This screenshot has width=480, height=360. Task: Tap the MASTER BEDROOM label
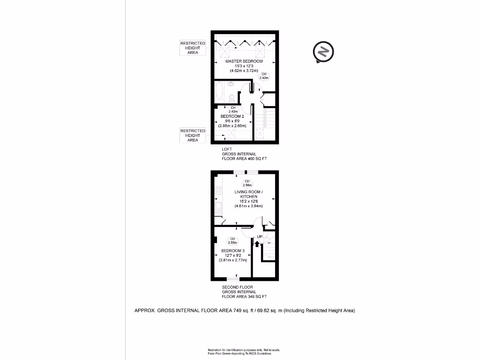(x=244, y=61)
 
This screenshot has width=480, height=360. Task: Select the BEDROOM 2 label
(x=232, y=116)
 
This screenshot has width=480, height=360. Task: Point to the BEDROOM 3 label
(x=232, y=251)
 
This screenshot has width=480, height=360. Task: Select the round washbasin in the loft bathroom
(x=232, y=84)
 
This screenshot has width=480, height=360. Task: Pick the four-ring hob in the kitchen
(x=218, y=190)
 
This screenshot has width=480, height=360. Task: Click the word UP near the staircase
(x=259, y=237)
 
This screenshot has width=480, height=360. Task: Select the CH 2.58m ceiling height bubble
(x=247, y=183)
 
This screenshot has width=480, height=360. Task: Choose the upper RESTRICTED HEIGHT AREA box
(x=193, y=48)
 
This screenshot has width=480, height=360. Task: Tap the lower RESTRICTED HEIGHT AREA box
(x=193, y=135)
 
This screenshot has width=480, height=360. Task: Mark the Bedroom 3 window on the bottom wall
(x=233, y=279)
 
